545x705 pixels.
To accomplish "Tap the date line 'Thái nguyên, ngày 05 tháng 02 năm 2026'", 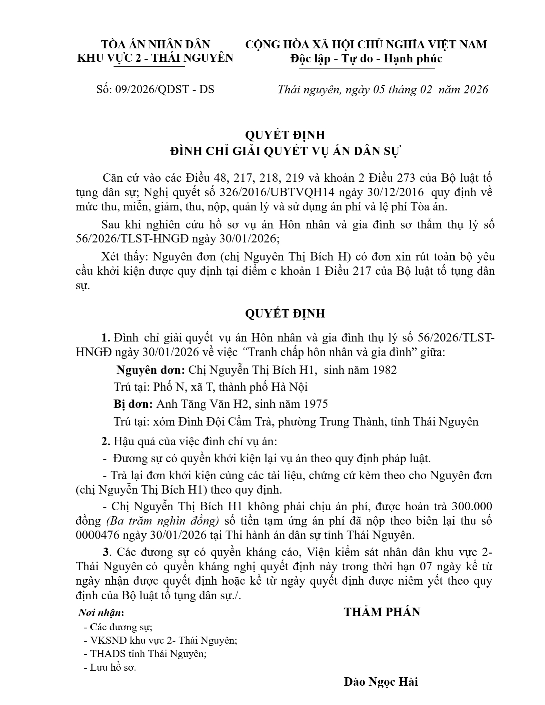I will [383, 89].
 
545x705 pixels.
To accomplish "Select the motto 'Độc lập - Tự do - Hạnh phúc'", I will [366, 59].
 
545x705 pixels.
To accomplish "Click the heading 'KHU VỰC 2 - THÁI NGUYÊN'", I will [155, 58].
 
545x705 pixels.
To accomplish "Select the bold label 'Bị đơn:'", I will [133, 404].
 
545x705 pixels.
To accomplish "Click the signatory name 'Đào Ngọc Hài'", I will [381, 681].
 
